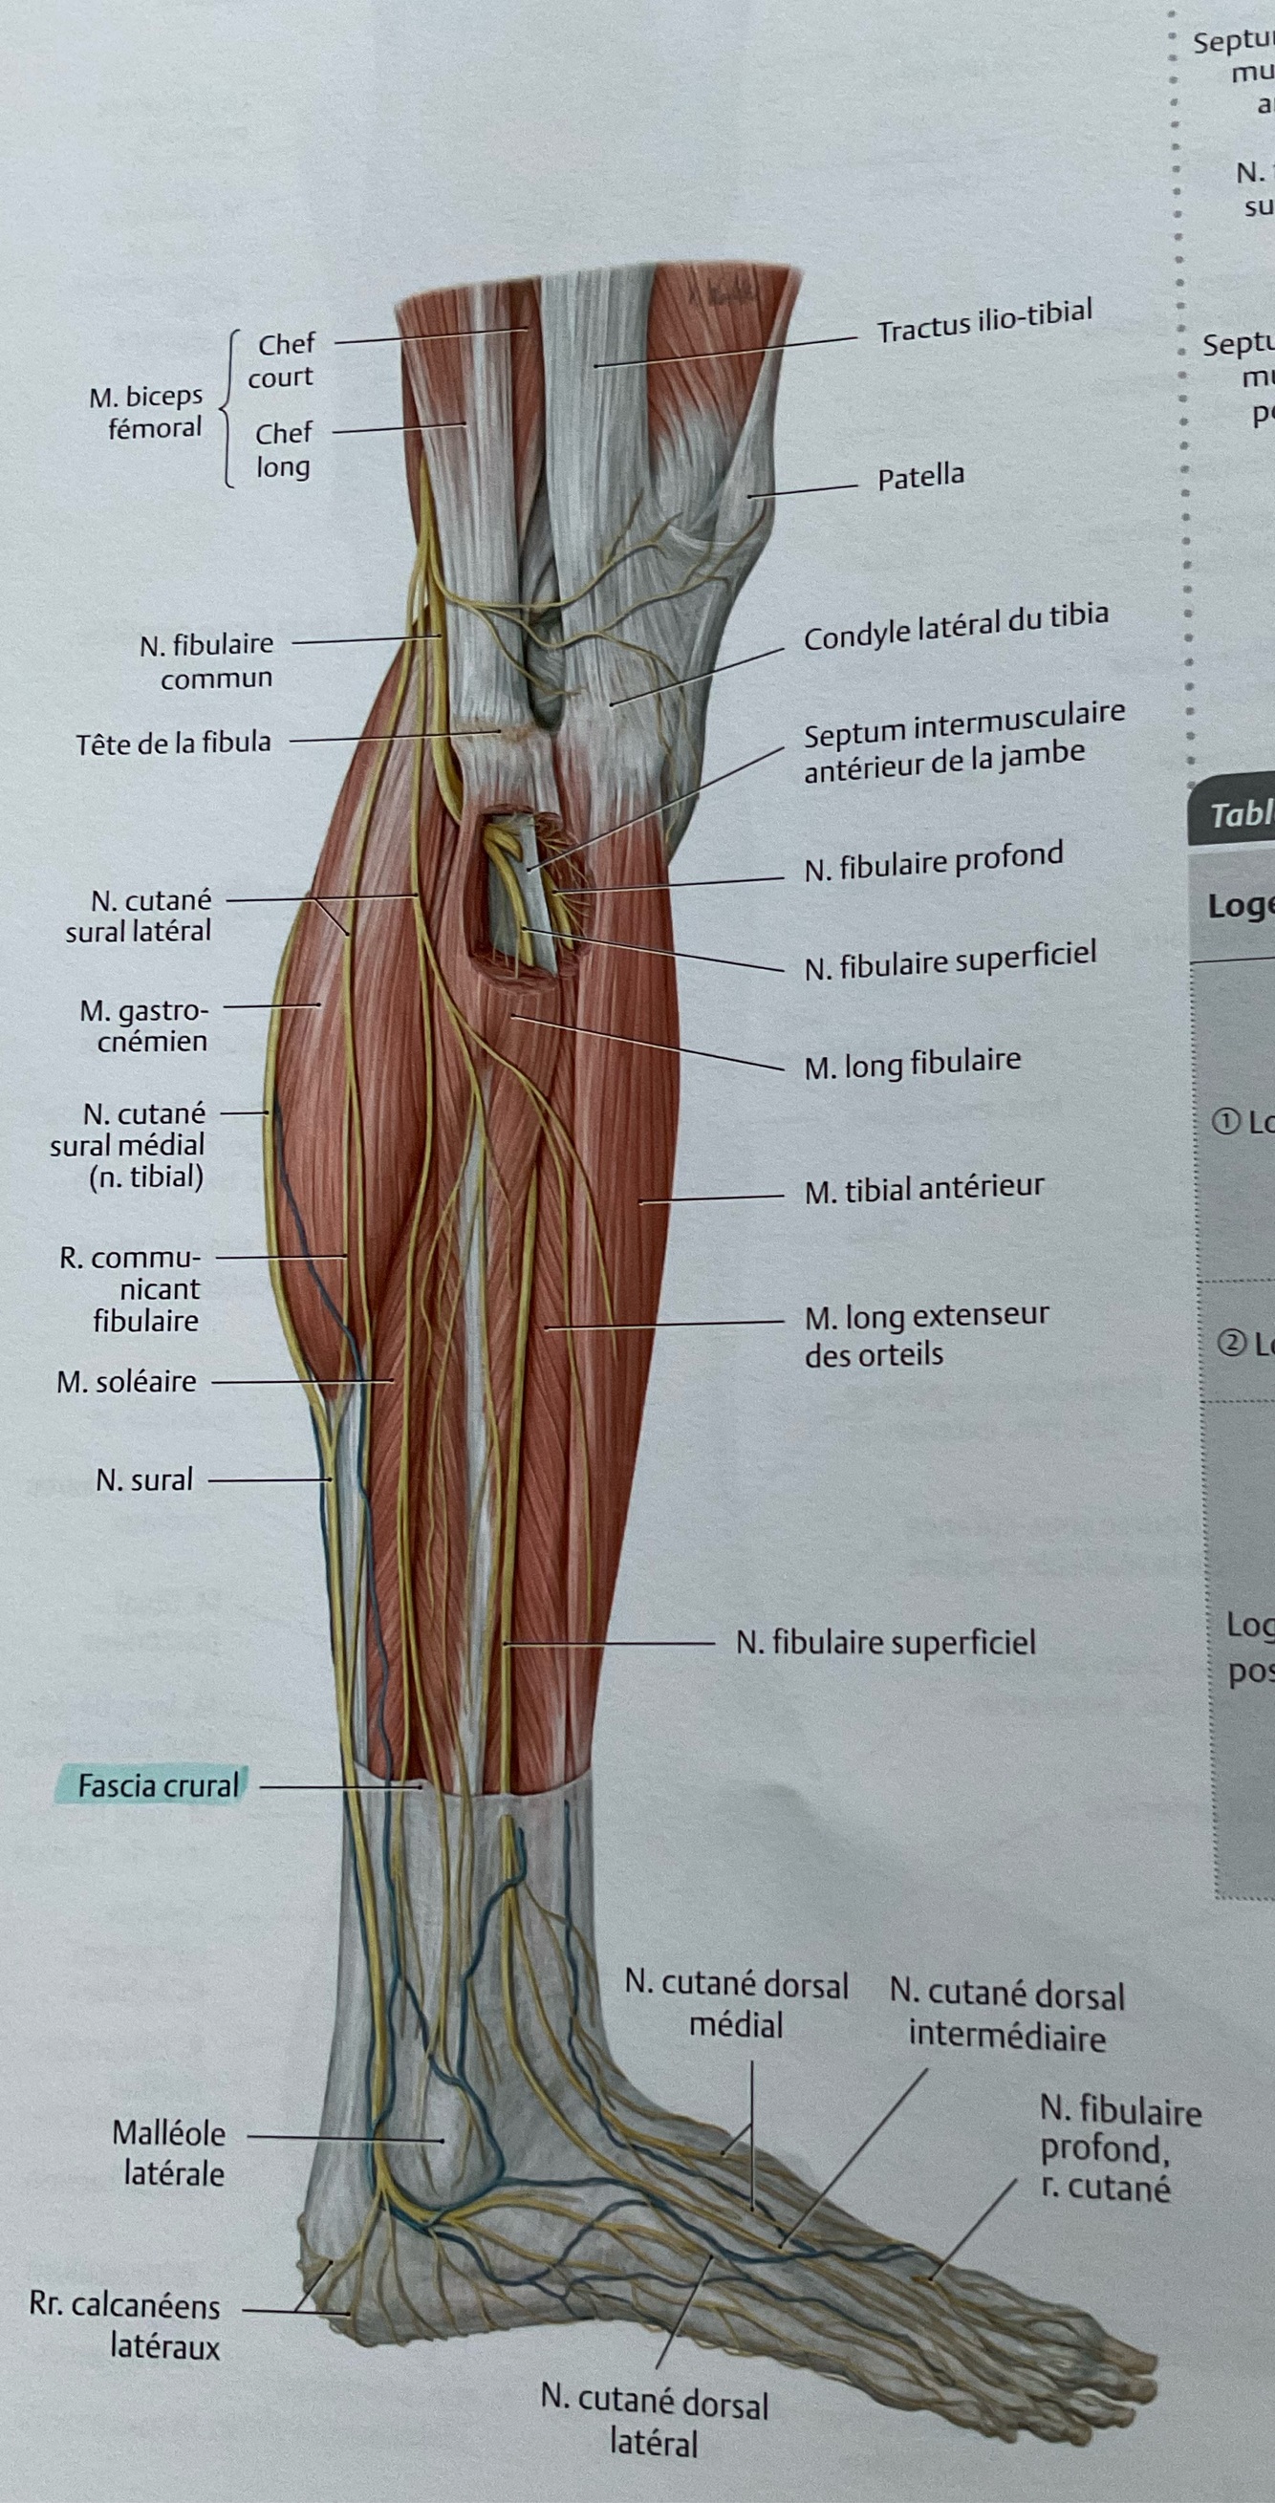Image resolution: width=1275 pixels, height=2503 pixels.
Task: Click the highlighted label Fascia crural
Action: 158,1786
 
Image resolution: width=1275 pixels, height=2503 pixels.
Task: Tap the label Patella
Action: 920,477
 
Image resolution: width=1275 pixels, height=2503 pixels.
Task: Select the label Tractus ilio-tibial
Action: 984,322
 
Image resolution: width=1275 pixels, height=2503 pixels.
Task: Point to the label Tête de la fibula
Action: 174,744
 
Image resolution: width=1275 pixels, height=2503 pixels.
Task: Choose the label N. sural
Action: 143,1479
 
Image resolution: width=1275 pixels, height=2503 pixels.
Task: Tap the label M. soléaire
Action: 126,1381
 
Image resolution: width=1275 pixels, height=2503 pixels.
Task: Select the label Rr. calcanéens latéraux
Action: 125,2325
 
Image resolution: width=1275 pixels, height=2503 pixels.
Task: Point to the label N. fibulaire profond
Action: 933,861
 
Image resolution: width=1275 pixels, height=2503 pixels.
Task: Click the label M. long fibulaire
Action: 912,1063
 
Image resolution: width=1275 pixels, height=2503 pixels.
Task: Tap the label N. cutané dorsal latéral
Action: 654,2421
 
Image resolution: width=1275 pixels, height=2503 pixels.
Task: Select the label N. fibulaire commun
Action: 207,659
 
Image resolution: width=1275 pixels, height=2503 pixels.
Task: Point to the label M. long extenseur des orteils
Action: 925,1335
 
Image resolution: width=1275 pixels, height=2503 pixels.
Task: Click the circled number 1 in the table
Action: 1226,1122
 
